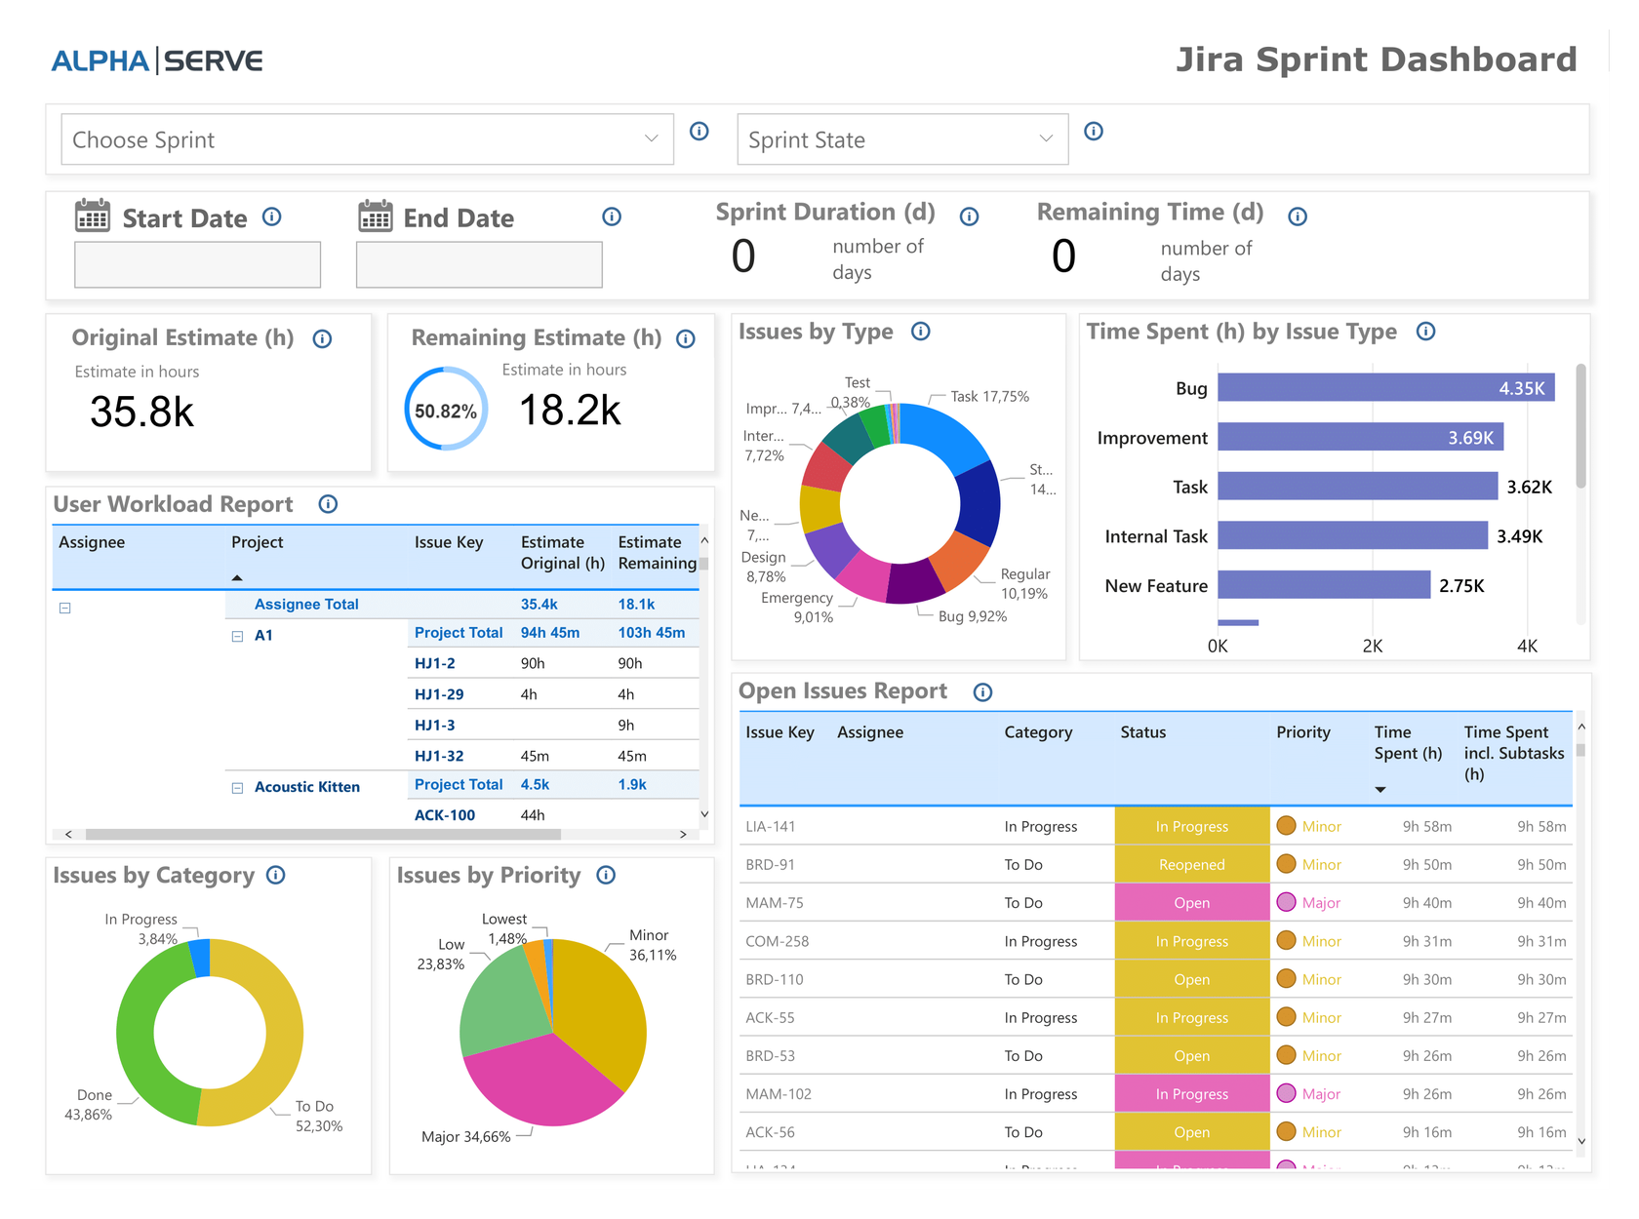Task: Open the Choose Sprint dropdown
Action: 367,139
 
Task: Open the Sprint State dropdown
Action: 902,139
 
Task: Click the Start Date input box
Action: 197,264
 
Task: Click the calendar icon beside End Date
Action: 375,216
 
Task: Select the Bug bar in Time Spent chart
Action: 1385,388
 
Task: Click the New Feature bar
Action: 1323,585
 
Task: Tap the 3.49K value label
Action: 1519,536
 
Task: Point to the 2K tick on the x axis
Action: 1372,646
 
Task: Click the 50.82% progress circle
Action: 446,411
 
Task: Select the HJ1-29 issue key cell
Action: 439,694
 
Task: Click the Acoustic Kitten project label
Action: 306,786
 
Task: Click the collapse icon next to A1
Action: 237,636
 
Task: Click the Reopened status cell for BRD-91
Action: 1191,864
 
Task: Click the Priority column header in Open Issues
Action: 1302,732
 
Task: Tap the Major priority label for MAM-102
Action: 1320,1094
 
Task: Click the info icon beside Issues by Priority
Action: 606,875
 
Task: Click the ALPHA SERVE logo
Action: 157,60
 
